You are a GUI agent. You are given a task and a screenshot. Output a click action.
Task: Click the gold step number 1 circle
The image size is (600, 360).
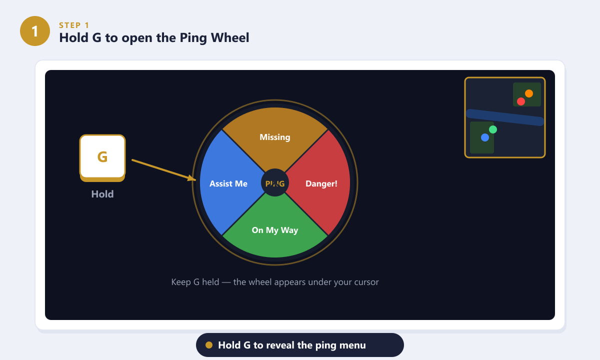[x=35, y=31]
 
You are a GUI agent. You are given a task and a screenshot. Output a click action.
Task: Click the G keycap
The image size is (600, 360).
[x=102, y=158]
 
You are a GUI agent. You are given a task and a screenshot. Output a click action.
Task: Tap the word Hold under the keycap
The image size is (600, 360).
[x=102, y=194]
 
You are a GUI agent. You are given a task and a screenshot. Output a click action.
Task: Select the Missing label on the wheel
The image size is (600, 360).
[x=275, y=137]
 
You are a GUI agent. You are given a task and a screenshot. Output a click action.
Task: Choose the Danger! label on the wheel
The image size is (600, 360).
[x=321, y=183]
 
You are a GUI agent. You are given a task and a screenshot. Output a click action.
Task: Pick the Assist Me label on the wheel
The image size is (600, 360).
[x=228, y=183]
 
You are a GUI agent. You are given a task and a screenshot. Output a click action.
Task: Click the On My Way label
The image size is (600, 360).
[x=275, y=230]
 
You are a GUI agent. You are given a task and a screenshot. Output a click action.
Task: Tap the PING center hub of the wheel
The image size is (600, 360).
[x=275, y=183]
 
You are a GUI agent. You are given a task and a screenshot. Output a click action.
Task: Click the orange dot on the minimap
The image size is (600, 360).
[x=529, y=93]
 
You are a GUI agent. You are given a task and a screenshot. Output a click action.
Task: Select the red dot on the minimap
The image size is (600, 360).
[x=520, y=101]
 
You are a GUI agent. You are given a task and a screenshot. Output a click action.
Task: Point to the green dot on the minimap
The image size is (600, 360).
[x=493, y=129]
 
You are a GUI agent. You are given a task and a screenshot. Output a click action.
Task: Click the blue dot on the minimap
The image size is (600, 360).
[x=485, y=137]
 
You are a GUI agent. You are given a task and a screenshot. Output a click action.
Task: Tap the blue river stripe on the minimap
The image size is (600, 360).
[x=505, y=117]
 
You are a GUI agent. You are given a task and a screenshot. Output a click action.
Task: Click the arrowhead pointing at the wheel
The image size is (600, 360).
[x=192, y=178]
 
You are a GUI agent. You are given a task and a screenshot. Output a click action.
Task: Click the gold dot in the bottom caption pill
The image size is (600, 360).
[x=209, y=345]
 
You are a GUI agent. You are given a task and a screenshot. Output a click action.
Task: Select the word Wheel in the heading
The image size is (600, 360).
[x=230, y=37]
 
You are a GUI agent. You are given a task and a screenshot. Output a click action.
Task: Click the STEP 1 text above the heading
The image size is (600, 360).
[x=74, y=25]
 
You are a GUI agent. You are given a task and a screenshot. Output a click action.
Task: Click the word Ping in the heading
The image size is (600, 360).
[x=193, y=38]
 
